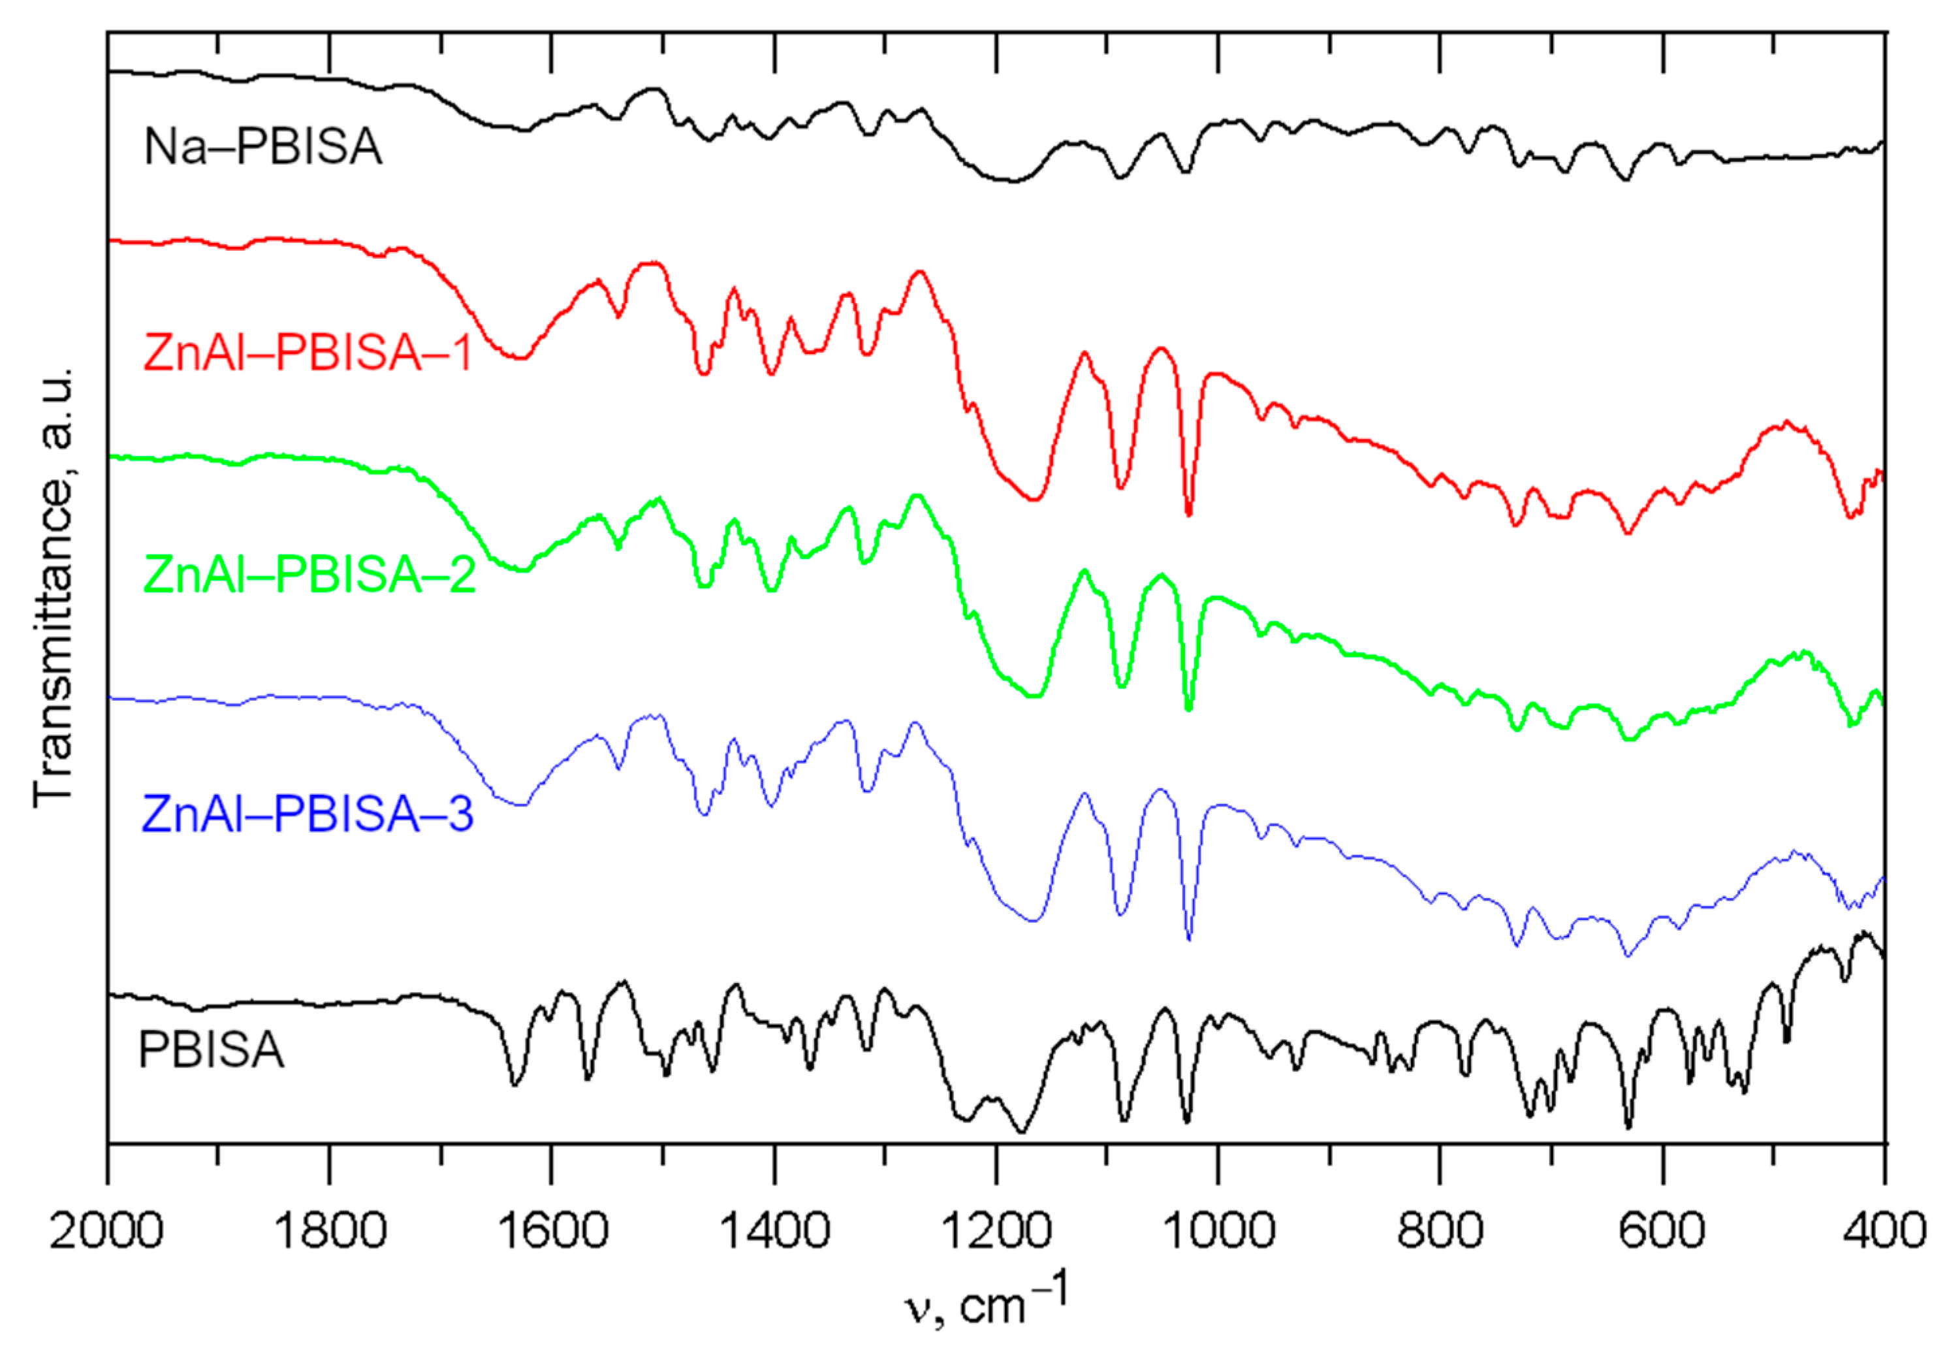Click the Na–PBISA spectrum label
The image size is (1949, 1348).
(262, 147)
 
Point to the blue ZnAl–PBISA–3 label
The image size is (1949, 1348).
(308, 813)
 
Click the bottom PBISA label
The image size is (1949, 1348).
(211, 1050)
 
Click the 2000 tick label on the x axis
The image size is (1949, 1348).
(106, 1230)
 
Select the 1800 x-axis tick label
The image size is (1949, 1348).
(329, 1230)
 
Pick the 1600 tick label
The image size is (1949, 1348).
(552, 1230)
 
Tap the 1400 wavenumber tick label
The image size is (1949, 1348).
(774, 1230)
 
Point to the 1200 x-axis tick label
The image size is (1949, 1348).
(996, 1230)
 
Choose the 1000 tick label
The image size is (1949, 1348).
(1218, 1230)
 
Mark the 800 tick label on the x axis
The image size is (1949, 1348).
(1440, 1230)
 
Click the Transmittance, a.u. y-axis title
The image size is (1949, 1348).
(53, 587)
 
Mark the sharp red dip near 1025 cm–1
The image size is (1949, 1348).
(1189, 513)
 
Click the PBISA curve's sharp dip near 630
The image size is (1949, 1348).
(1628, 1126)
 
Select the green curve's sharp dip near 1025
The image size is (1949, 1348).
(1189, 709)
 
